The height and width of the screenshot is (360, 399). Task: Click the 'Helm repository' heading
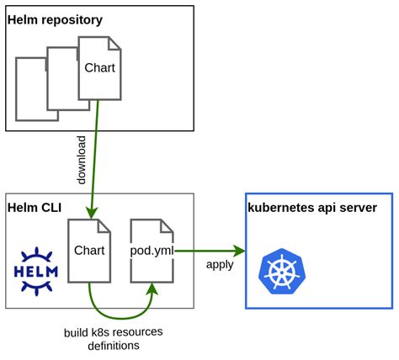(55, 19)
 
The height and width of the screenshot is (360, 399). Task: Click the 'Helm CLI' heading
(33, 207)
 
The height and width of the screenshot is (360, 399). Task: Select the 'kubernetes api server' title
(311, 208)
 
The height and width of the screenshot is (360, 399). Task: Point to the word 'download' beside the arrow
(82, 160)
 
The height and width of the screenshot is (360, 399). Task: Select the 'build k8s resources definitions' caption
(113, 338)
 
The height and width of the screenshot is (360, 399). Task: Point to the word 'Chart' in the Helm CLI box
(89, 250)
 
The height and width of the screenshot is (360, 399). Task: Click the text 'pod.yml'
(152, 250)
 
